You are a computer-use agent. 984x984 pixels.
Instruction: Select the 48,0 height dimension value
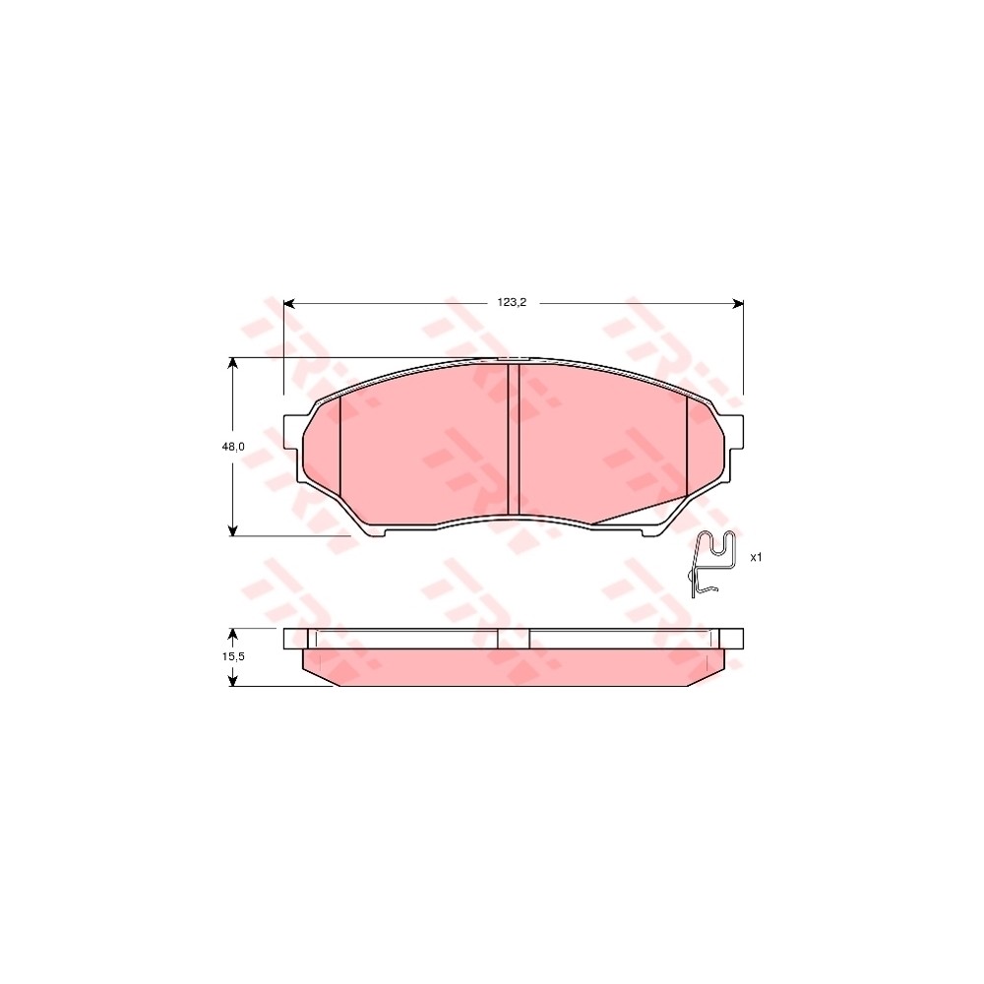coord(233,446)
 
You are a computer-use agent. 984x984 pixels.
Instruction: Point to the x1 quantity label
coord(757,557)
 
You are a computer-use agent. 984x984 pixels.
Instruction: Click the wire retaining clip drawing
coord(712,562)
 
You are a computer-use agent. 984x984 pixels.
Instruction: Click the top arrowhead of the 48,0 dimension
coord(233,363)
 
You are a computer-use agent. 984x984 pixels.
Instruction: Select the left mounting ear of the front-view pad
coord(292,434)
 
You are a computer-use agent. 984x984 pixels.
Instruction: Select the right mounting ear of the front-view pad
coord(734,434)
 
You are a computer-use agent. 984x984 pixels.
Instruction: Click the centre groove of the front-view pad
coord(513,440)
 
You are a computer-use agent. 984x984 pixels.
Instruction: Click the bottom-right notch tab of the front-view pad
coord(649,532)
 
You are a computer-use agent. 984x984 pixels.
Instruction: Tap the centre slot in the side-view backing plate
coord(513,638)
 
